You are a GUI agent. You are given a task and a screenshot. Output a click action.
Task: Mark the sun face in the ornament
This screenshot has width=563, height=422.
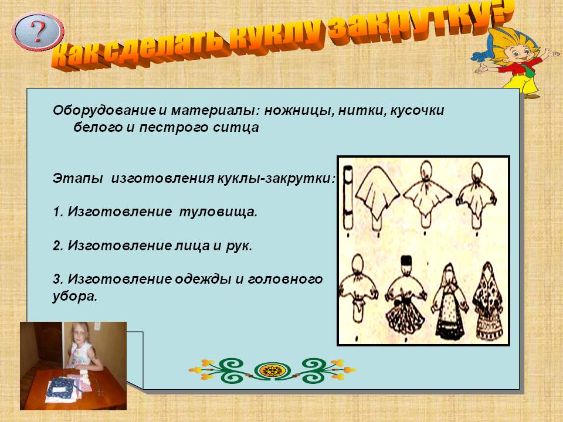click(x=272, y=370)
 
